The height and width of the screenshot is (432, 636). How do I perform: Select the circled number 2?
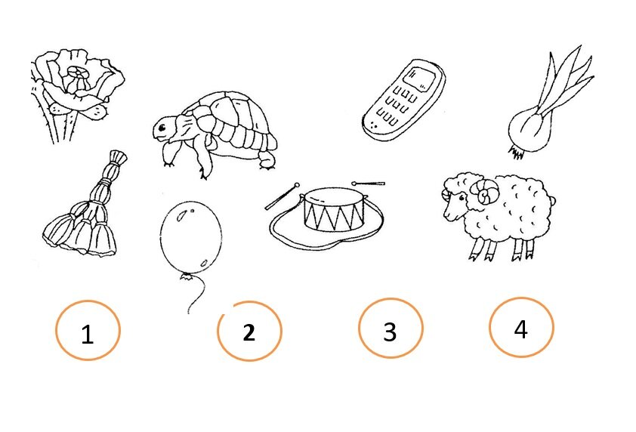249,332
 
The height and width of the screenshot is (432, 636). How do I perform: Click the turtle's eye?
162,128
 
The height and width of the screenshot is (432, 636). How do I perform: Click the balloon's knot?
187,276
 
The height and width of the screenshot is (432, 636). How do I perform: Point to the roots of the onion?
516,153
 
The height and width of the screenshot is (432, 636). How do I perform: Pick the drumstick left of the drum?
282,196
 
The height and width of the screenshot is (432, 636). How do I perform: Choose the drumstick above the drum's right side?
368,184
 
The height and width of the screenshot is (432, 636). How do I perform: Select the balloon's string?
197,294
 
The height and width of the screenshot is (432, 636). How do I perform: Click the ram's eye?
462,198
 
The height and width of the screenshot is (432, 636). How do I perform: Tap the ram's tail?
552,200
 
